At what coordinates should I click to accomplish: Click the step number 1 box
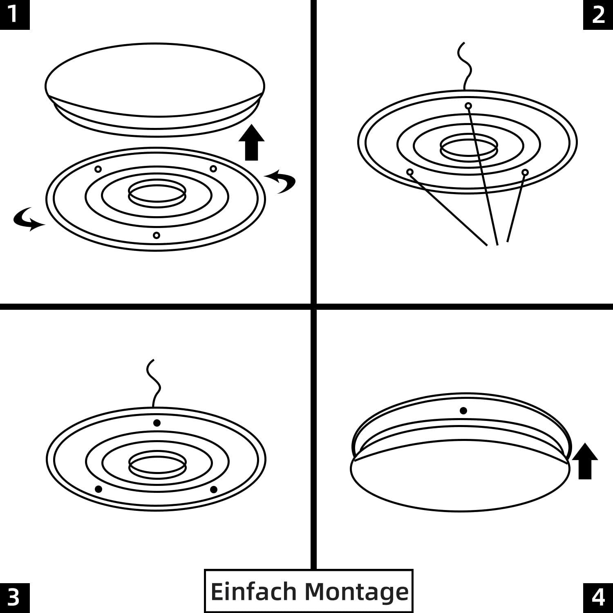[x=15, y=15]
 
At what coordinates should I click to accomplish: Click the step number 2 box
[x=598, y=15]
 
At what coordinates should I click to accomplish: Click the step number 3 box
[x=15, y=598]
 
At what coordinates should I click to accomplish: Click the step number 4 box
[x=598, y=598]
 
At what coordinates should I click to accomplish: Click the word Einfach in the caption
[x=253, y=591]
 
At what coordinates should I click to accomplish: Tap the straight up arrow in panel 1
[x=251, y=143]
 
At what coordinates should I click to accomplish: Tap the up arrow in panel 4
[x=585, y=461]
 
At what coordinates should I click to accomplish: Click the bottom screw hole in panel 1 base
[x=156, y=235]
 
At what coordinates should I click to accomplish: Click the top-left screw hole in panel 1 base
[x=98, y=169]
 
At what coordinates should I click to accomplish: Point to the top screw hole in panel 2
[x=468, y=106]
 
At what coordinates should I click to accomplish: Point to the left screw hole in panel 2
[x=410, y=172]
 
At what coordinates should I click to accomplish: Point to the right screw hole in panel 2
[x=525, y=172]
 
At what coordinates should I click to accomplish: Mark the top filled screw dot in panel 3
[x=157, y=423]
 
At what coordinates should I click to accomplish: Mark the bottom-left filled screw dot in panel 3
[x=98, y=489]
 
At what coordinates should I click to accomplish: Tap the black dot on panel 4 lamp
[x=463, y=410]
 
